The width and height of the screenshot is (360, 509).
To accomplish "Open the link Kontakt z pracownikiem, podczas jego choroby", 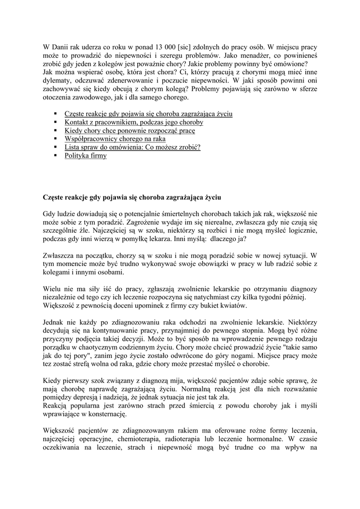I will tap(134, 122).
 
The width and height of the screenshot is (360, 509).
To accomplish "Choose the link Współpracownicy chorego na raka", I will tap(115, 139).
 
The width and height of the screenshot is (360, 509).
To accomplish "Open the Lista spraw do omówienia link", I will tap(132, 148).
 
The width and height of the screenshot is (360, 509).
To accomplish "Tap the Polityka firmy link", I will tap(86, 156).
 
